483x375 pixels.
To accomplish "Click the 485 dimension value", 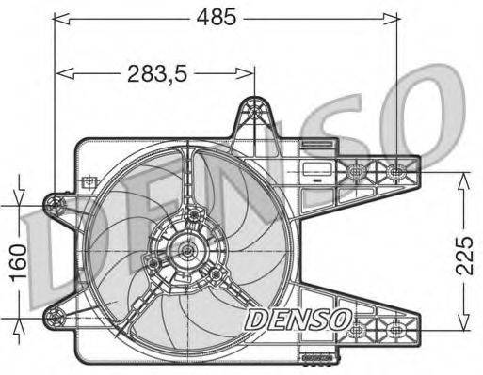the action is (x=217, y=17).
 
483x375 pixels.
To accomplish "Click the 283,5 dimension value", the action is (x=157, y=74).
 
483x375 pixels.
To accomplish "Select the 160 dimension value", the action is (x=19, y=262).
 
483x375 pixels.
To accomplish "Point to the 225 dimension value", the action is (x=464, y=256).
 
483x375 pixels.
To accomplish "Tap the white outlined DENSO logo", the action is (x=298, y=319).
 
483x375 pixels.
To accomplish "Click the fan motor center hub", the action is (x=187, y=250).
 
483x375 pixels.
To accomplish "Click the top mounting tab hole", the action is (x=254, y=112).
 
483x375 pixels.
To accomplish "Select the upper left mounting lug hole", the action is (x=55, y=204).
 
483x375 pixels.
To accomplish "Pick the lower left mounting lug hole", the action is (x=55, y=317).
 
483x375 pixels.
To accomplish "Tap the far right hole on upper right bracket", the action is (x=395, y=171).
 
